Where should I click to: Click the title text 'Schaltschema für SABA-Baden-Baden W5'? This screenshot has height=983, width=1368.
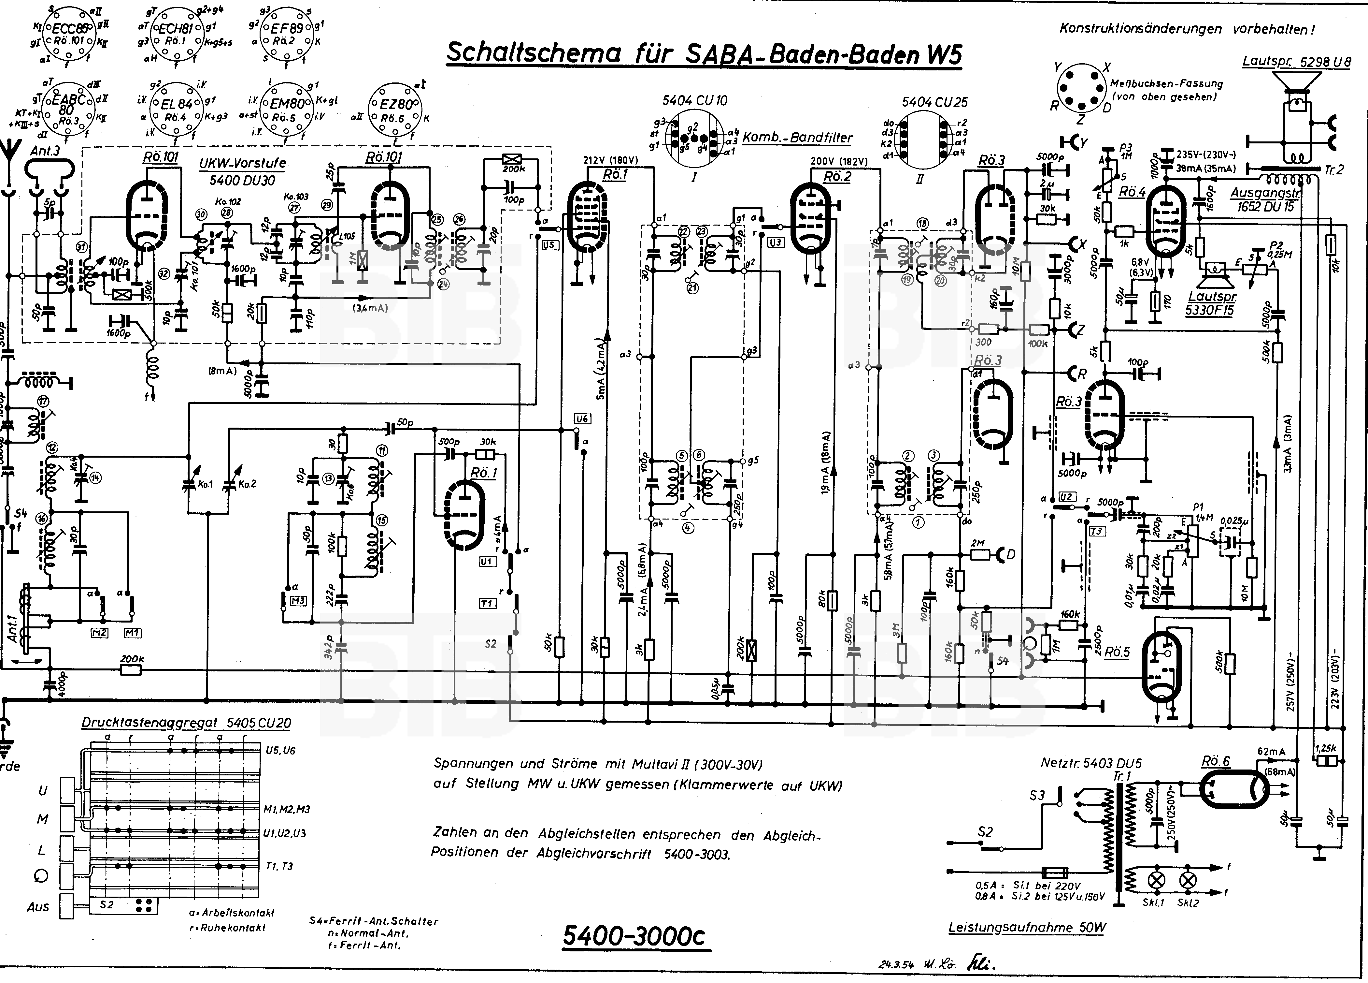(703, 53)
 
